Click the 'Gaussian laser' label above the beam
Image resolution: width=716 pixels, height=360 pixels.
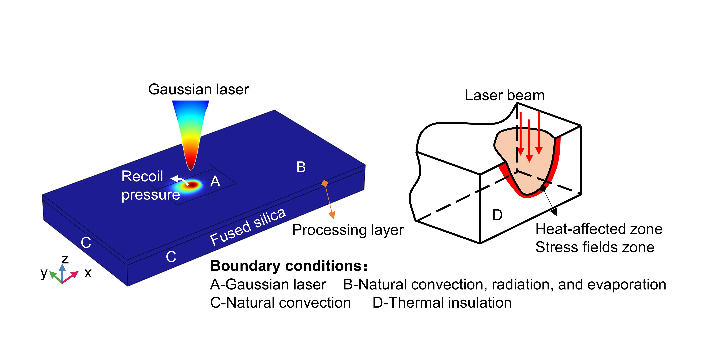tap(198, 89)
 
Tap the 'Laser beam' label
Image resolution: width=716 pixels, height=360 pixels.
tap(504, 95)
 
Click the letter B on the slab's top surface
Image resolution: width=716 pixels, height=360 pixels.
tap(301, 167)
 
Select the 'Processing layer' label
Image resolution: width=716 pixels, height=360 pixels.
tap(348, 230)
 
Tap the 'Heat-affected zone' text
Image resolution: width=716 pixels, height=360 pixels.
tap(599, 229)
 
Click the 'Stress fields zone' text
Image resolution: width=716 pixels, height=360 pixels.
tap(595, 247)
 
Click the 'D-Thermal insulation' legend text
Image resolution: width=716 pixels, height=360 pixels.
tap(442, 303)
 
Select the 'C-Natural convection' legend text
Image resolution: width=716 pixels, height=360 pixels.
tap(280, 303)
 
